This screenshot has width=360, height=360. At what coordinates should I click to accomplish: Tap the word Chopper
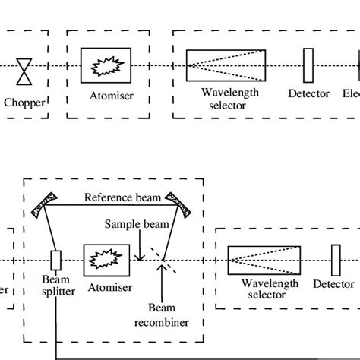point(24,102)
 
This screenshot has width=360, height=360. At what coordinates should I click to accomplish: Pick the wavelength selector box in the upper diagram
point(225,66)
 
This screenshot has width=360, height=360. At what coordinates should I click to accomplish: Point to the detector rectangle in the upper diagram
point(308,65)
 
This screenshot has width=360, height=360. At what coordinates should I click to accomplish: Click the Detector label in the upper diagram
point(309,94)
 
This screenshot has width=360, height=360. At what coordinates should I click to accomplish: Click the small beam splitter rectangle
point(55,260)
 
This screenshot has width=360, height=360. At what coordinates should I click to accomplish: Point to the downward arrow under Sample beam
point(140,249)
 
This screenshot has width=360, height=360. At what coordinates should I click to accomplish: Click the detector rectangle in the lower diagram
point(335,260)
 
